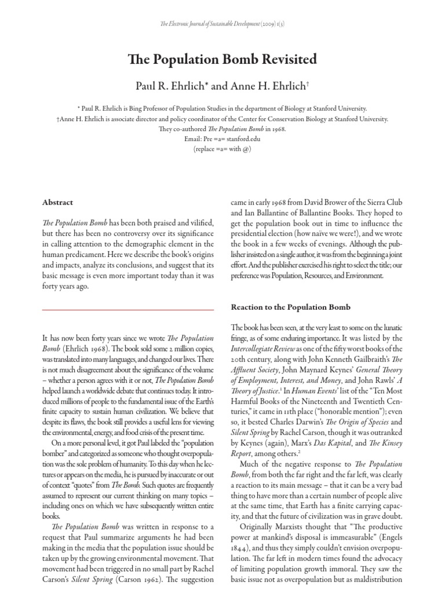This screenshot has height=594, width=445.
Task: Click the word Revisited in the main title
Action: [283, 59]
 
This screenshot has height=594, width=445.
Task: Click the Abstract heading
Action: [58, 202]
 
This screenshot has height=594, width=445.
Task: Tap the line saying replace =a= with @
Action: [222, 149]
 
